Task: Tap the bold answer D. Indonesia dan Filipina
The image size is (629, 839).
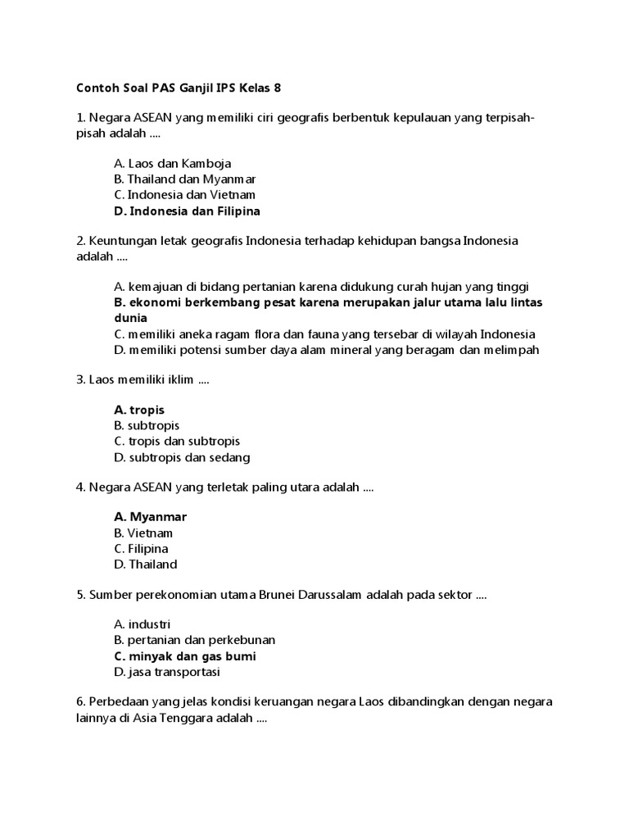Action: [188, 211]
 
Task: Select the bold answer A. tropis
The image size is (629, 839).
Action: [140, 409]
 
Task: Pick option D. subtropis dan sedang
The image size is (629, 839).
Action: [183, 457]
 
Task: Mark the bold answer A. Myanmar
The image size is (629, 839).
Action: [151, 516]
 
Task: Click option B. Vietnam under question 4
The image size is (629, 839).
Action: [144, 533]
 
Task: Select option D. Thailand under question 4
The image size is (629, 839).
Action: [146, 565]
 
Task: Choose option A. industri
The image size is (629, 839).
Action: [143, 624]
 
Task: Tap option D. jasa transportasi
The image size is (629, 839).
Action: [168, 673]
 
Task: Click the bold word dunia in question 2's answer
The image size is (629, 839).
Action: [131, 318]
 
